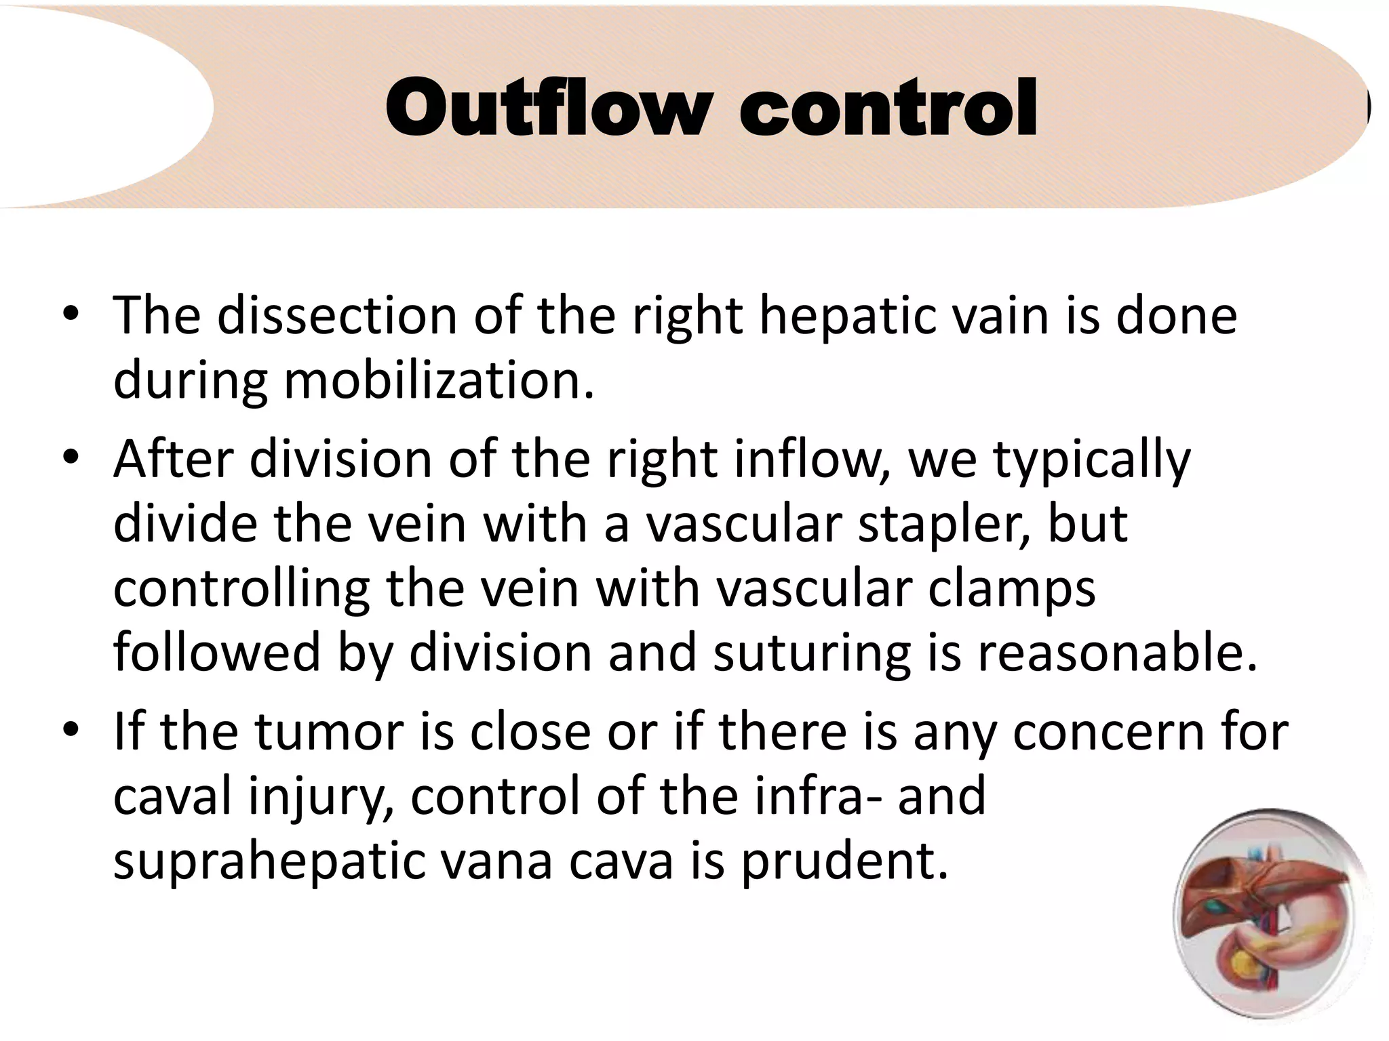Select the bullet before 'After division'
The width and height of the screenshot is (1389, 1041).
71,457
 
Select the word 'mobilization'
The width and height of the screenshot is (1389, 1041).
438,381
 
